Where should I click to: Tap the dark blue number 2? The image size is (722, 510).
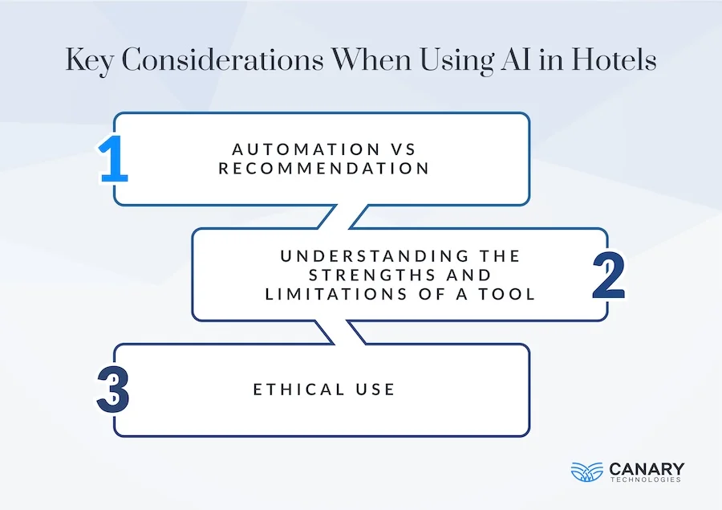608,275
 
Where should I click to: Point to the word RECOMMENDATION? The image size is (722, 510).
324,169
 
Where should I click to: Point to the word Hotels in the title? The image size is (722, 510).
614,62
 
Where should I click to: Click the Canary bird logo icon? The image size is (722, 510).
586,471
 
